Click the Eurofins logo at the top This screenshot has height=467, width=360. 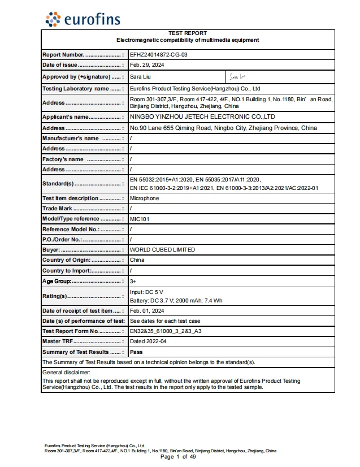click(83, 19)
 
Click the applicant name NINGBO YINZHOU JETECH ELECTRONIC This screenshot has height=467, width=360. click(202, 116)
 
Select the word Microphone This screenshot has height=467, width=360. click(145, 198)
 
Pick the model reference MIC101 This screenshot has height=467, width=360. click(140, 219)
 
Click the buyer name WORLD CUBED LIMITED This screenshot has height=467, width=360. click(162, 249)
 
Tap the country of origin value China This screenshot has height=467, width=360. click(137, 260)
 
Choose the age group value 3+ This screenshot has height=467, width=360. click(133, 281)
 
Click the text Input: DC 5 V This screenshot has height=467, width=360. click(146, 292)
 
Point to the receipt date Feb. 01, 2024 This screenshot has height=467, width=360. click(147, 311)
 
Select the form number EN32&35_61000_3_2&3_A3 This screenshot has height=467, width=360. click(166, 331)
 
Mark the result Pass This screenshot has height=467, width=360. click(136, 352)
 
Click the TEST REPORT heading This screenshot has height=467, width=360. click(188, 33)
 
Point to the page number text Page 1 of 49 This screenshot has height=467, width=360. click(178, 457)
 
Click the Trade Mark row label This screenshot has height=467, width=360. click(58, 209)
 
